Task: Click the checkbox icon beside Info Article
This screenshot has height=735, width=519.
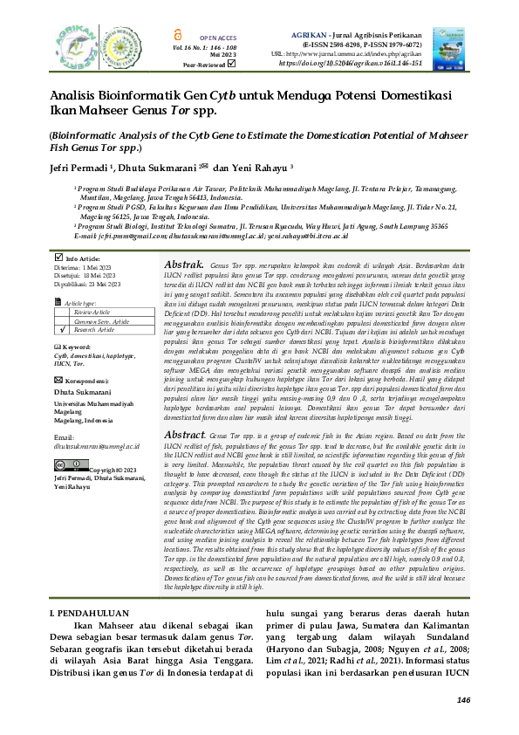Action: tap(58, 258)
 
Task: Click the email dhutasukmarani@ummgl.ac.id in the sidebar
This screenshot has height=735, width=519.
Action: tap(96, 446)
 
